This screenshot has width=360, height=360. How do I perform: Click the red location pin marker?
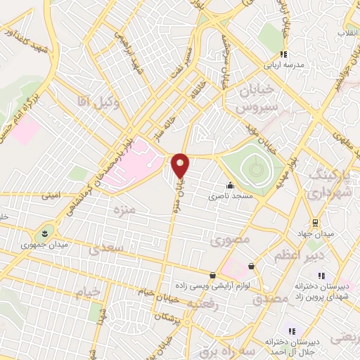[181, 165]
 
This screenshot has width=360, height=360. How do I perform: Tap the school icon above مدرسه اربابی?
[283, 54]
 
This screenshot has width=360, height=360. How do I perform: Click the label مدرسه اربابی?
[283, 65]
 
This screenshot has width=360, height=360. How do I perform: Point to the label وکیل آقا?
[94, 103]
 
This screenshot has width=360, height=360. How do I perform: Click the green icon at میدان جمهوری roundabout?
[45, 233]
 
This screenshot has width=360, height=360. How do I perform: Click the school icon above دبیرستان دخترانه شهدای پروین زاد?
[321, 276]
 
